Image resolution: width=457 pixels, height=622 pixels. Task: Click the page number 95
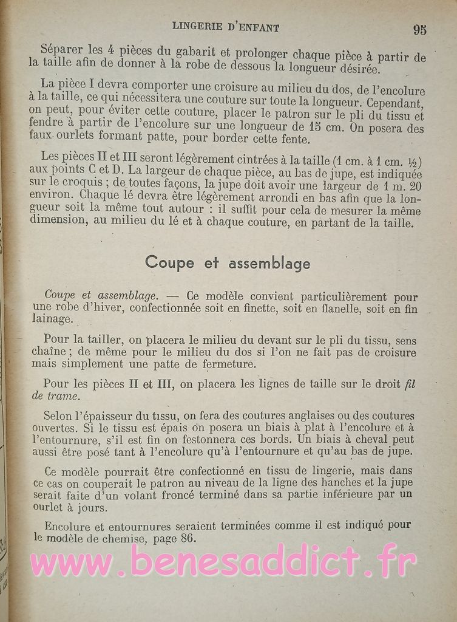click(419, 29)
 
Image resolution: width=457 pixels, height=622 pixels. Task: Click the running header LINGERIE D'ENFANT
click(226, 27)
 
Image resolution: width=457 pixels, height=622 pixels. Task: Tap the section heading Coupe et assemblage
click(228, 263)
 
